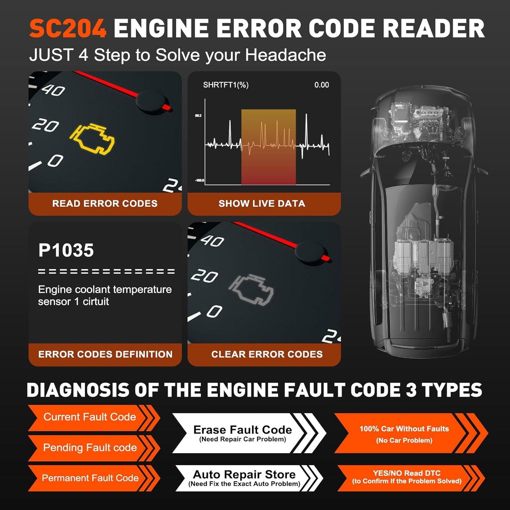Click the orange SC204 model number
[68, 28]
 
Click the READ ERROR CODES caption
[105, 204]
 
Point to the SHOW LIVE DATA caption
[262, 204]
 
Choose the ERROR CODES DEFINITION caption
[105, 354]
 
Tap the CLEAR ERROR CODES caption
[267, 354]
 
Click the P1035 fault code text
[66, 251]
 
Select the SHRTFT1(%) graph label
[226, 85]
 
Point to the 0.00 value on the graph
[322, 85]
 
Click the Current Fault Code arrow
[90, 417]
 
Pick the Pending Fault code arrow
[90, 448]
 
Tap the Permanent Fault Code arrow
[90, 478]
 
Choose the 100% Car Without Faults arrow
[404, 434]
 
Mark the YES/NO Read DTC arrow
[407, 477]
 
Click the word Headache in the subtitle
[286, 55]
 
